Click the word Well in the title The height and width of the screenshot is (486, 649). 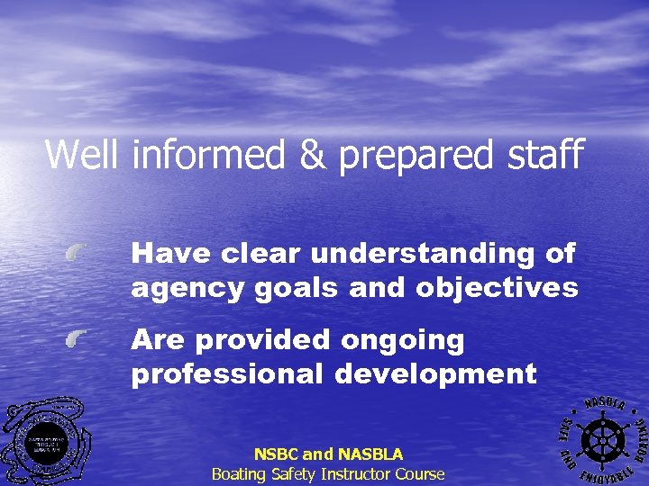coord(82,154)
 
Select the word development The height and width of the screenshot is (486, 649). coord(436,373)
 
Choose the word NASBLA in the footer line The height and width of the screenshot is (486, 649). coord(368,454)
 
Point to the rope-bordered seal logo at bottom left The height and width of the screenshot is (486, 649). coord(46,443)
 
